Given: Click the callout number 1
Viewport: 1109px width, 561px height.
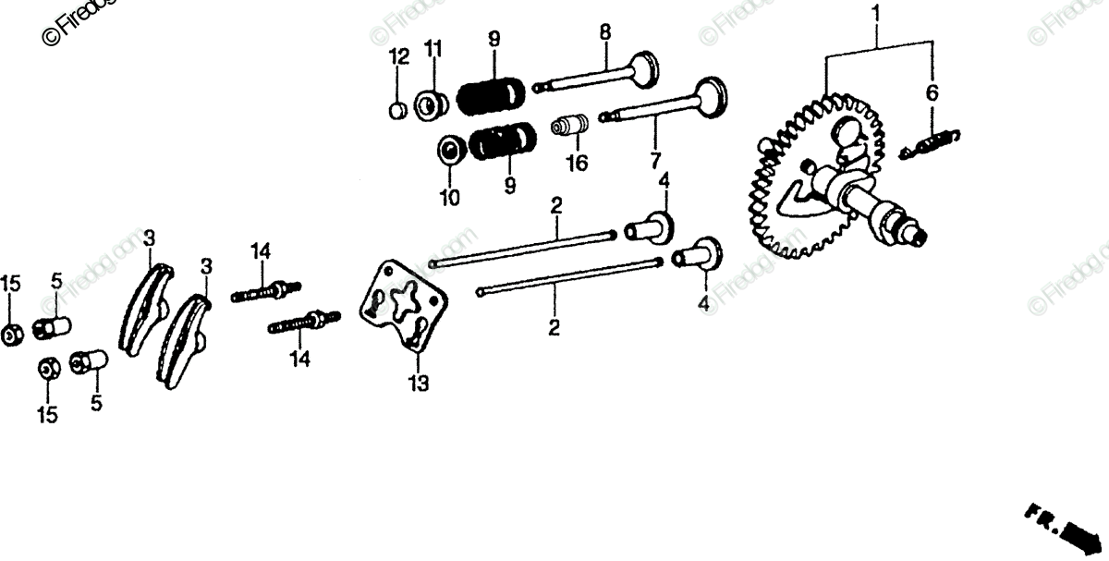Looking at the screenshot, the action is pos(877,16).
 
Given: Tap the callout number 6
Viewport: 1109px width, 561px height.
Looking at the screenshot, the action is pos(932,92).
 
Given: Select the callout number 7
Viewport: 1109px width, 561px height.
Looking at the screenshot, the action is pos(655,160).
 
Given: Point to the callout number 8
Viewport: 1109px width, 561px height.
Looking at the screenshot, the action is pos(604,32).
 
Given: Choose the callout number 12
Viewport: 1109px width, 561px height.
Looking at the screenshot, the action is pos(398,57).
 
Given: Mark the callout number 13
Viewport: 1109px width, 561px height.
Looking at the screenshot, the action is pos(420,383).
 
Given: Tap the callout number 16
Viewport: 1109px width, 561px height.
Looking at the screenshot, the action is pos(577,163).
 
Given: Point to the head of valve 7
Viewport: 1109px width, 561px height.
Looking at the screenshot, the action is pos(709,98).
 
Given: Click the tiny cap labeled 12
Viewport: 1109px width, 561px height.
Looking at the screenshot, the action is pos(396,110).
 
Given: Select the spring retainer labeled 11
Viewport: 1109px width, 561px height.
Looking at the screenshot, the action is pos(431,103).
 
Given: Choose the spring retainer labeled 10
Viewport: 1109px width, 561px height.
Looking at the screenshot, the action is pos(452,149).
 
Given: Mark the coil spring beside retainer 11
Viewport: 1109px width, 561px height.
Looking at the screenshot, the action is pos(492,96).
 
